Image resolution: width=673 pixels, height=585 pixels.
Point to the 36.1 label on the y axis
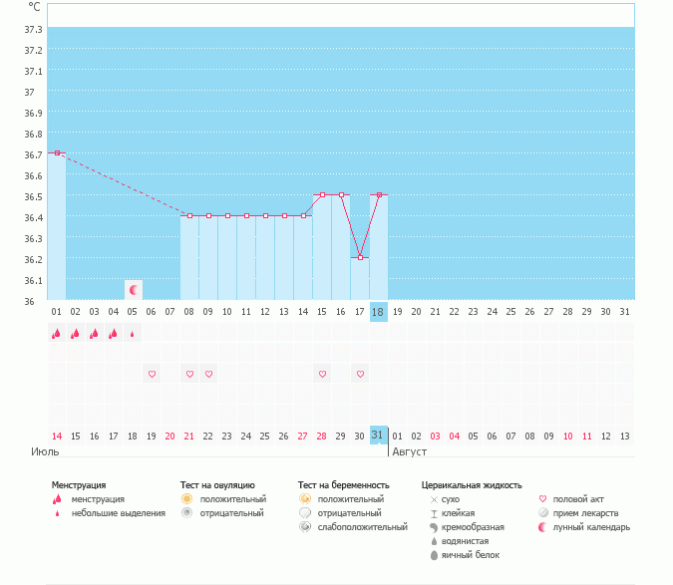tap(33, 281)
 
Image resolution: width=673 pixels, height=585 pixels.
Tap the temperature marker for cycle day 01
tap(57, 152)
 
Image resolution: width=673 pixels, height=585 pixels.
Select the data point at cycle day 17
tap(360, 257)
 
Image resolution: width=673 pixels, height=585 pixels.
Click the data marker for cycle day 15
tap(322, 195)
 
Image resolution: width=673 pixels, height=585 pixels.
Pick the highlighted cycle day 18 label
tap(378, 312)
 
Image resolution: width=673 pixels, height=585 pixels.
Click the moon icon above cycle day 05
tap(133, 289)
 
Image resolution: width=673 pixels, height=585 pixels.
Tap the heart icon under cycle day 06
tap(152, 374)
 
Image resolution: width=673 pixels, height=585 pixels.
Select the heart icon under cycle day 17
tap(360, 374)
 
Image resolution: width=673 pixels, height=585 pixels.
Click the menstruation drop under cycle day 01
tap(57, 334)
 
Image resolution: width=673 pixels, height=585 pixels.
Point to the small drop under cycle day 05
tap(133, 334)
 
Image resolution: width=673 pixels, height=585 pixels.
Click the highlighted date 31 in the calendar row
tap(378, 436)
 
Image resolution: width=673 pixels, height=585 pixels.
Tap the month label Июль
tap(45, 451)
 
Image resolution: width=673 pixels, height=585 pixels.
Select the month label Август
tap(410, 451)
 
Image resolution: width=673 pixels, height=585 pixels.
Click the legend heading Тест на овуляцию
tap(217, 485)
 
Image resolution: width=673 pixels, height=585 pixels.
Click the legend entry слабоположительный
tap(362, 527)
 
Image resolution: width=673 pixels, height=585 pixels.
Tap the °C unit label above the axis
tap(35, 7)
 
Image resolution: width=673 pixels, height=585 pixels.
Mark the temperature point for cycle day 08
tap(189, 215)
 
